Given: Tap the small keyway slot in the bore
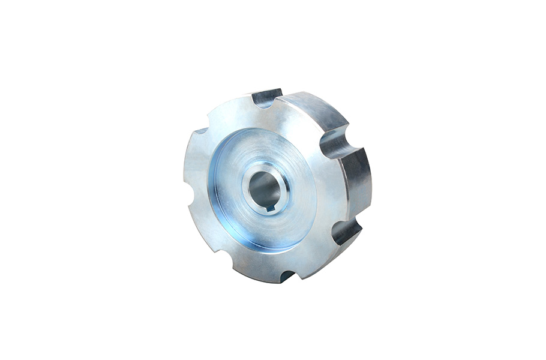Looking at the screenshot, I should pyautogui.click(x=270, y=208).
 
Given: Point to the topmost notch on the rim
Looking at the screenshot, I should pyautogui.click(x=265, y=98).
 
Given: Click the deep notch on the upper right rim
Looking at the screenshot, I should pyautogui.click(x=334, y=143).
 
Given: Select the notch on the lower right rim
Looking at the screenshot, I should pyautogui.click(x=346, y=230).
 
